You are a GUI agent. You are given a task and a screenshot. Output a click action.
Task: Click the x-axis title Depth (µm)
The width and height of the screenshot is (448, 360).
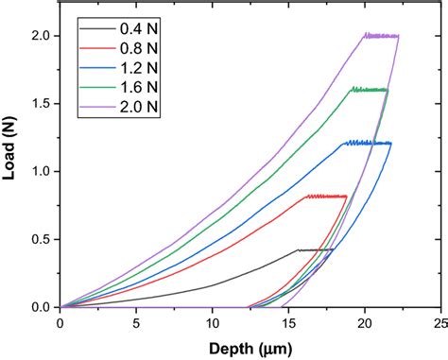point(249,347)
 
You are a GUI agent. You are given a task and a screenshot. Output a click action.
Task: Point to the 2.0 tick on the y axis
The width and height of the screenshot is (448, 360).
point(42,35)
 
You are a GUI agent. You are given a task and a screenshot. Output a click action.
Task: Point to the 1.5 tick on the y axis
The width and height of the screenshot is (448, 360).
point(42,103)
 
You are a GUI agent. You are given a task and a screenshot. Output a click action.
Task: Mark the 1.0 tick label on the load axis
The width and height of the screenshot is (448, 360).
point(42,171)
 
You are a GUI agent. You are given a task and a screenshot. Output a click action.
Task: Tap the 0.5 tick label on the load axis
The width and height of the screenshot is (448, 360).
point(42,239)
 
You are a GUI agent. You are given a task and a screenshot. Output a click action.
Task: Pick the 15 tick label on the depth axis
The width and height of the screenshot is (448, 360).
point(288,322)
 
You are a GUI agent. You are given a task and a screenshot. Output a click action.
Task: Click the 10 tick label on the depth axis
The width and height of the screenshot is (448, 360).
point(213,322)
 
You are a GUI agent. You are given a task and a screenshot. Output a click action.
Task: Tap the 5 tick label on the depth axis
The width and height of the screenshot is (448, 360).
point(136,322)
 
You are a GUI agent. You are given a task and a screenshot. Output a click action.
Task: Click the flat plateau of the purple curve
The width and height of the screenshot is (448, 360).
point(381,36)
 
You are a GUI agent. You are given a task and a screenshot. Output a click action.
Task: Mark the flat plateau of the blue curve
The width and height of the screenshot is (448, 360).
point(369,143)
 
